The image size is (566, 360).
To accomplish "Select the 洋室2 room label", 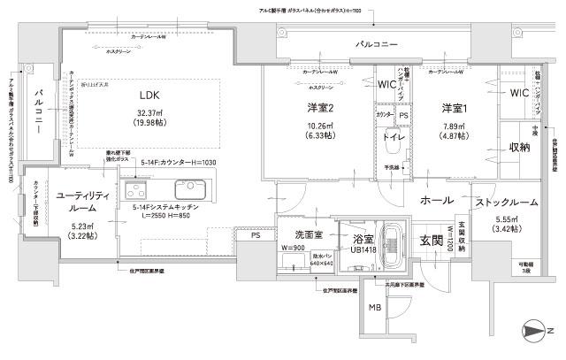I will [x=319, y=108].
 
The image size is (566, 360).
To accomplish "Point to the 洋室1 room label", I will [x=455, y=108].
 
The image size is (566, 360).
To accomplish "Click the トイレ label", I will [x=393, y=139].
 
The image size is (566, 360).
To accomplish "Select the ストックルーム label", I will [x=507, y=203].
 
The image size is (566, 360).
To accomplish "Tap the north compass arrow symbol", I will [x=536, y=332].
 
